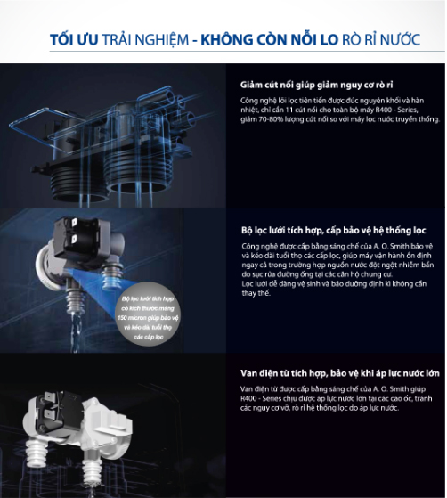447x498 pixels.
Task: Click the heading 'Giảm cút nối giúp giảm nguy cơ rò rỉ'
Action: (x=314, y=86)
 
